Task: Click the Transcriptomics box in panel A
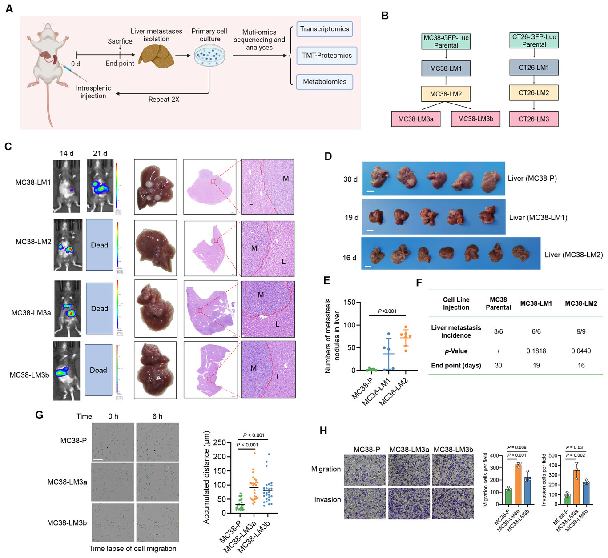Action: [x=324, y=29]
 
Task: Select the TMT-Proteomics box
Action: [x=326, y=56]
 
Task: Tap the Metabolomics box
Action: [x=324, y=82]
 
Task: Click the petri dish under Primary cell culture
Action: [x=209, y=56]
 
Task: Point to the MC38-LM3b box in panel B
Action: [x=475, y=119]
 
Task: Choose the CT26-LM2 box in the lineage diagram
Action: [x=534, y=93]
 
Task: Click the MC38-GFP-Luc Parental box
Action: [x=446, y=41]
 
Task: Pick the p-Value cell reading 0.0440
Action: [x=581, y=351]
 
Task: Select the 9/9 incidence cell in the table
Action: [x=581, y=331]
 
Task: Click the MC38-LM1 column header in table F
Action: [x=536, y=303]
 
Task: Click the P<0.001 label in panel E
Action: [x=387, y=311]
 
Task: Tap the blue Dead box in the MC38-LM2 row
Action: [x=99, y=245]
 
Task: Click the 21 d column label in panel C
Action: [x=100, y=153]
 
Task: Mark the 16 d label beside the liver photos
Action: [x=350, y=258]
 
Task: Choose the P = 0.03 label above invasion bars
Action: [x=574, y=447]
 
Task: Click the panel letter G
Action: [x=39, y=415]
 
